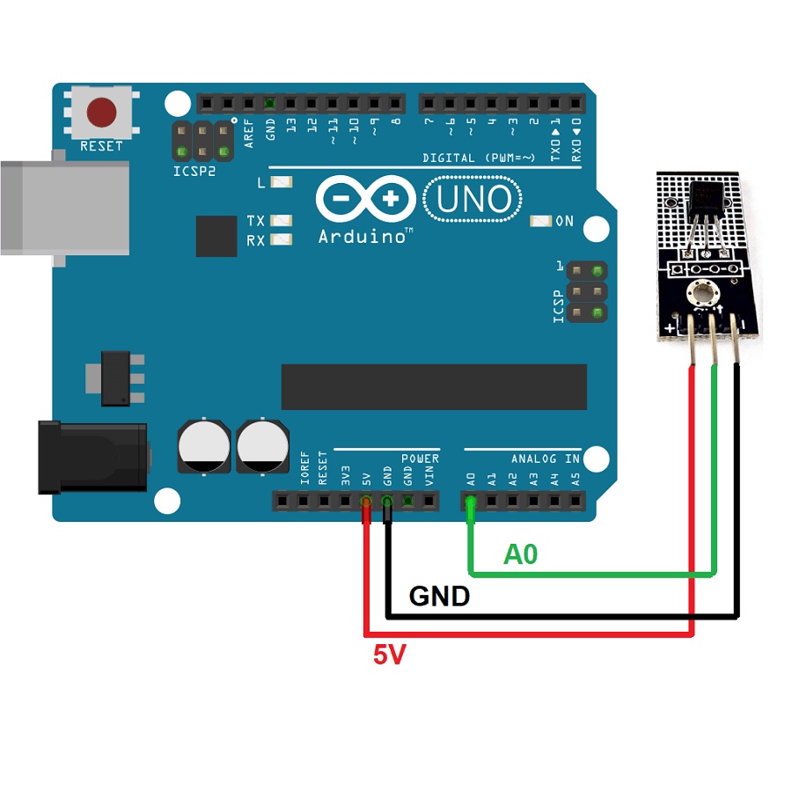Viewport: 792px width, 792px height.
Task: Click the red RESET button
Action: pyautogui.click(x=102, y=113)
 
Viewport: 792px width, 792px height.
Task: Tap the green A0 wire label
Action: pyautogui.click(x=520, y=554)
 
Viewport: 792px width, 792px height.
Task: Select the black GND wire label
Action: pyautogui.click(x=439, y=597)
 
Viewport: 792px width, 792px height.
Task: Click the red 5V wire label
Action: pyautogui.click(x=390, y=655)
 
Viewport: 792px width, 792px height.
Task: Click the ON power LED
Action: pyautogui.click(x=542, y=221)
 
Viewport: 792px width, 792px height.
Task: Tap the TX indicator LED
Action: pyautogui.click(x=282, y=221)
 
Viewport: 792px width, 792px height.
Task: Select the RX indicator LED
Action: pyautogui.click(x=282, y=240)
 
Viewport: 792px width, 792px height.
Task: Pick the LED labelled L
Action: pyautogui.click(x=282, y=183)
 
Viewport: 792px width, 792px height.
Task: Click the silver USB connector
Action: pyautogui.click(x=62, y=208)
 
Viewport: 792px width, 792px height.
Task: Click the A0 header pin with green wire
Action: pyautogui.click(x=471, y=502)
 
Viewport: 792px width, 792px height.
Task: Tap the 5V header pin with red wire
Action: pyautogui.click(x=366, y=502)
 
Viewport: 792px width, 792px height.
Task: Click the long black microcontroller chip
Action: pyautogui.click(x=434, y=387)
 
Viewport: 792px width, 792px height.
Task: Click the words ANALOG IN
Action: pyautogui.click(x=546, y=458)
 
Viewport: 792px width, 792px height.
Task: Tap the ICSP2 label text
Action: pyautogui.click(x=194, y=171)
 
